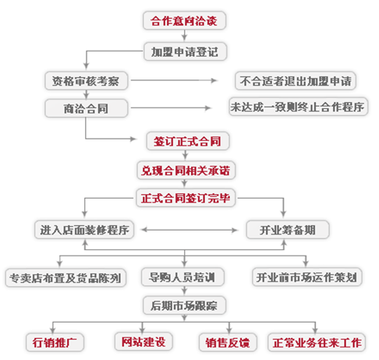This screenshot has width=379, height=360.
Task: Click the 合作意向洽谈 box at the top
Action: (184, 20)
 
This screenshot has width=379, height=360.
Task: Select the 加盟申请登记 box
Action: (185, 51)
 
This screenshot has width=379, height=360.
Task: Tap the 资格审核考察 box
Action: (86, 81)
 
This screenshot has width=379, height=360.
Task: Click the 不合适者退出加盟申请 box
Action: (296, 81)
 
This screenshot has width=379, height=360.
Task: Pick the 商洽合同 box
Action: (86, 108)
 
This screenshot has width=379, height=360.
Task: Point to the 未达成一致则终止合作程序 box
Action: (298, 107)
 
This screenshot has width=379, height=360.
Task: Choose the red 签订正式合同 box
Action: (188, 141)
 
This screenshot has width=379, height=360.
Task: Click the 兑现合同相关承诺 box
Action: (186, 170)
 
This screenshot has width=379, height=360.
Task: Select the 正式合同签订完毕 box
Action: (186, 198)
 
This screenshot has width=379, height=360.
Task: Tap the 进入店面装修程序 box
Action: (84, 230)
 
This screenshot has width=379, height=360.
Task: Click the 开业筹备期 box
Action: (288, 230)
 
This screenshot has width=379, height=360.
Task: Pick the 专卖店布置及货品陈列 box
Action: (66, 277)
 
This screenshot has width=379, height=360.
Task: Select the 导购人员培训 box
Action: (182, 277)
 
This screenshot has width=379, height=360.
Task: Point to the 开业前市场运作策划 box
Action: (307, 277)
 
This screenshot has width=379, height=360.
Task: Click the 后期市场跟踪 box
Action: (184, 305)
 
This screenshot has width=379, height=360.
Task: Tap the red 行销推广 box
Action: (55, 342)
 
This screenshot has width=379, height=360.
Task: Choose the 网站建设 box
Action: (143, 341)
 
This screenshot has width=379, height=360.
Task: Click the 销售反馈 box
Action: (228, 342)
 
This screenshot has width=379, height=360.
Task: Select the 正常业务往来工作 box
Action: (317, 342)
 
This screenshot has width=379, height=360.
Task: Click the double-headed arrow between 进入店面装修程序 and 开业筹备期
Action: (189, 230)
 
